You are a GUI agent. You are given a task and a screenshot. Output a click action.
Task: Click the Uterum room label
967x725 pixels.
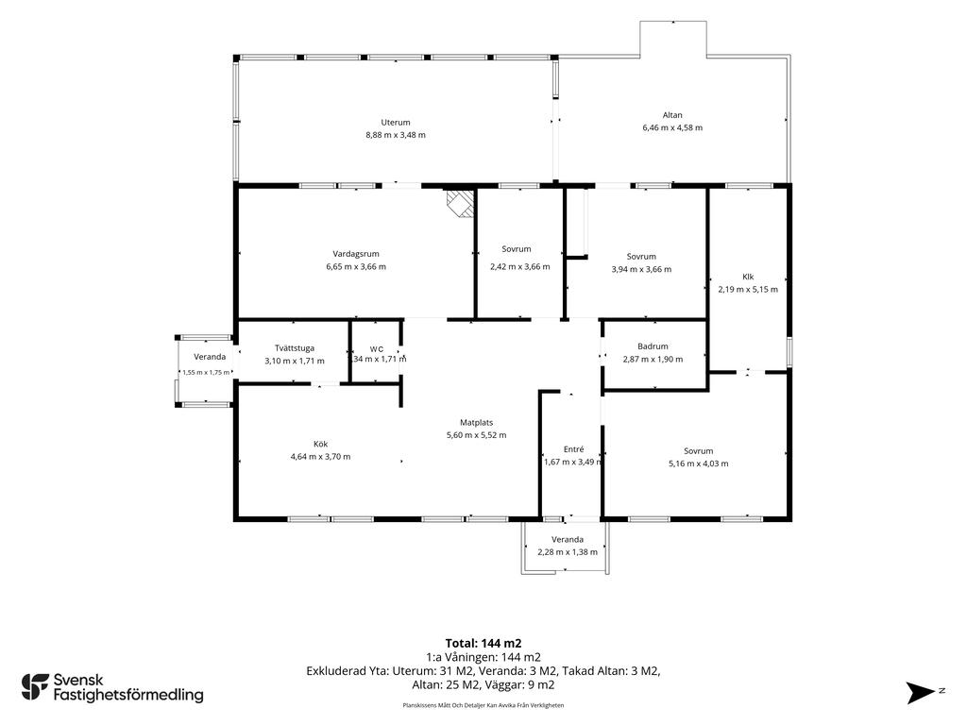(x=396, y=123)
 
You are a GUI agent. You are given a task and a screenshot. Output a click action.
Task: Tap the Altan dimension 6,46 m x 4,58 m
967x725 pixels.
(x=672, y=127)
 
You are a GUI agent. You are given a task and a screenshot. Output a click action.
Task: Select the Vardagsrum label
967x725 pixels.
(x=356, y=253)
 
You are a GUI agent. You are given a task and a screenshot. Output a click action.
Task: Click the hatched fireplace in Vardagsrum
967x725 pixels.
(x=460, y=203)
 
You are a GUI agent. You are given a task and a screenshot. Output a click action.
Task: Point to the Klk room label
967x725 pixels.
(x=748, y=277)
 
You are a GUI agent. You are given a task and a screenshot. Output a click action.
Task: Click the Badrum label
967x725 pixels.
(x=653, y=346)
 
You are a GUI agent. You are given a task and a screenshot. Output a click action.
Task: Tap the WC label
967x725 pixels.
(x=377, y=349)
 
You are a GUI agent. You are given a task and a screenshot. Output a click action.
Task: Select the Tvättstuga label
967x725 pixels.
(x=295, y=348)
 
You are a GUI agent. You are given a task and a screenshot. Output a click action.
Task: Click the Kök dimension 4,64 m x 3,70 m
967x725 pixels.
(x=320, y=457)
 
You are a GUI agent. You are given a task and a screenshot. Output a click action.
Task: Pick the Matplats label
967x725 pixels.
(x=477, y=422)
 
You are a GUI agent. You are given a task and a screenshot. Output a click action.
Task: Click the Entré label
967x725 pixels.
(x=573, y=449)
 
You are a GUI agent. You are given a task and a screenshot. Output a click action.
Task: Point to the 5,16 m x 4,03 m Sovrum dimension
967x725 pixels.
(x=698, y=464)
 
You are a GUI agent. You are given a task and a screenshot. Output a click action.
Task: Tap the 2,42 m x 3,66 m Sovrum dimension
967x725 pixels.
(x=520, y=267)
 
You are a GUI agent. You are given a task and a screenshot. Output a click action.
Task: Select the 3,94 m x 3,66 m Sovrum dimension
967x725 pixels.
(x=641, y=269)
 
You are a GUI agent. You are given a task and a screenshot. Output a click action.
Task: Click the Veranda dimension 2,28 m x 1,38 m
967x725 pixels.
(x=568, y=552)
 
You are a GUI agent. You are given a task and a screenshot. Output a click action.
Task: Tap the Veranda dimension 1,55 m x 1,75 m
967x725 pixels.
(x=206, y=372)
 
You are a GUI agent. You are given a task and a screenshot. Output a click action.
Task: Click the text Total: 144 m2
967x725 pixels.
(x=483, y=644)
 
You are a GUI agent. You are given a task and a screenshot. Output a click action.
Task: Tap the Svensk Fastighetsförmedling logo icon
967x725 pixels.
(x=35, y=687)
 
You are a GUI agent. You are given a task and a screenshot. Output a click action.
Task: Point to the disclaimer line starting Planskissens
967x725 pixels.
(x=483, y=705)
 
